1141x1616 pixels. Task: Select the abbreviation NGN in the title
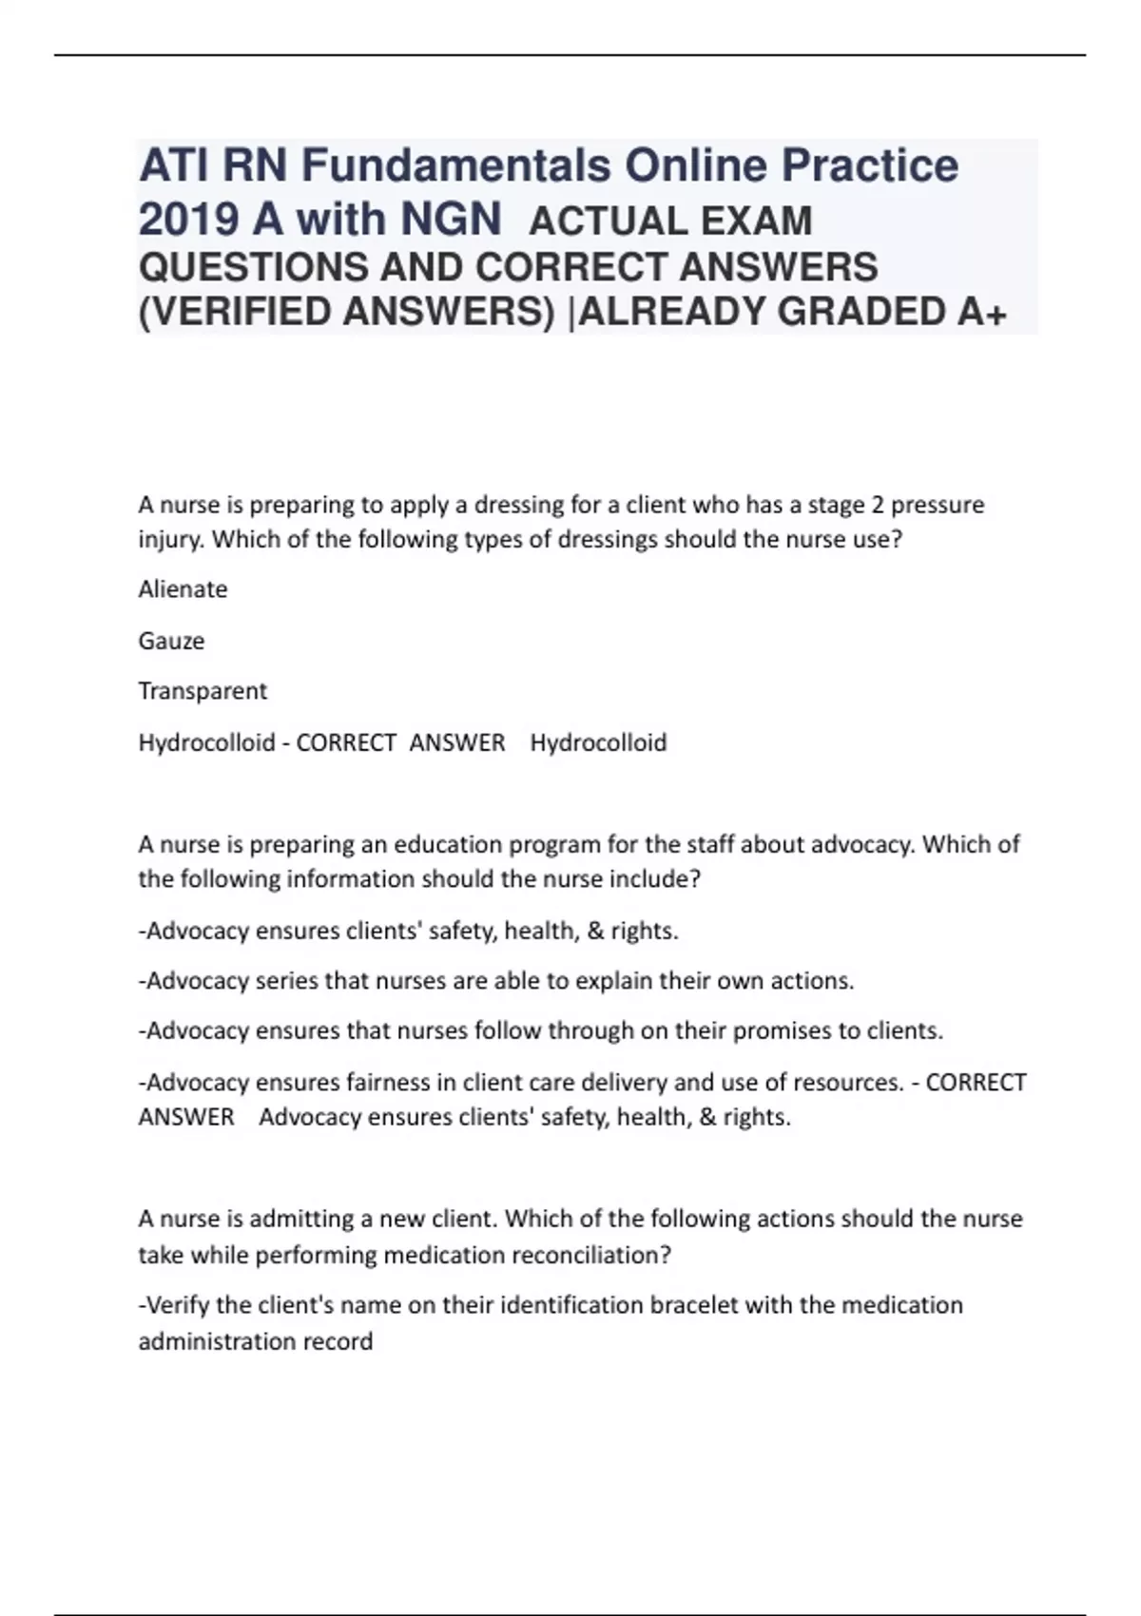pyautogui.click(x=451, y=220)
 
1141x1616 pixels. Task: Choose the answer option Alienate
pyautogui.click(x=183, y=589)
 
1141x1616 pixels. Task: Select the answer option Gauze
pyautogui.click(x=171, y=641)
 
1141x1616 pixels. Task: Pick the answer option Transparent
pyautogui.click(x=203, y=691)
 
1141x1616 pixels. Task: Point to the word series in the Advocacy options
pyautogui.click(x=287, y=981)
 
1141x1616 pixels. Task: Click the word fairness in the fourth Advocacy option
pyautogui.click(x=400, y=1083)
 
